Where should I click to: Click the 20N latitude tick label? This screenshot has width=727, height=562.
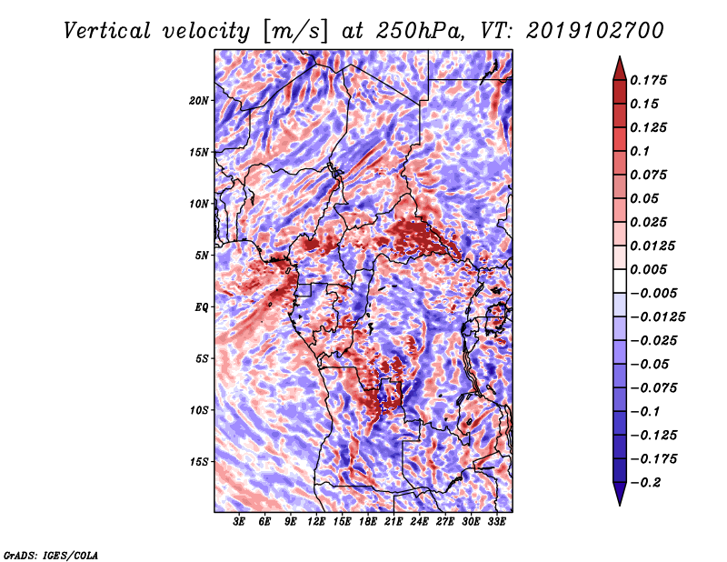click(x=199, y=100)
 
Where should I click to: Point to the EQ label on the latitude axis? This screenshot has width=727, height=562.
click(x=202, y=307)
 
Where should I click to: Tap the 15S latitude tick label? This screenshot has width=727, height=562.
click(x=199, y=462)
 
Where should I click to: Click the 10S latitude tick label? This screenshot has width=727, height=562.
click(x=199, y=410)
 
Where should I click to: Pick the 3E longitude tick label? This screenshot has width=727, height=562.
click(x=239, y=522)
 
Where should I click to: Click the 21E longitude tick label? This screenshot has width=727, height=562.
click(x=393, y=522)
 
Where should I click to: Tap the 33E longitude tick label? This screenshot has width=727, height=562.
click(x=496, y=522)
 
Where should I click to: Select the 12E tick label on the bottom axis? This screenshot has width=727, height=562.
click(x=316, y=522)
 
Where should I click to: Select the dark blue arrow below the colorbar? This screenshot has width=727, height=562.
click(x=618, y=495)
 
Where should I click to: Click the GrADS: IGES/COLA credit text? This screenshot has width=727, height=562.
click(x=50, y=554)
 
